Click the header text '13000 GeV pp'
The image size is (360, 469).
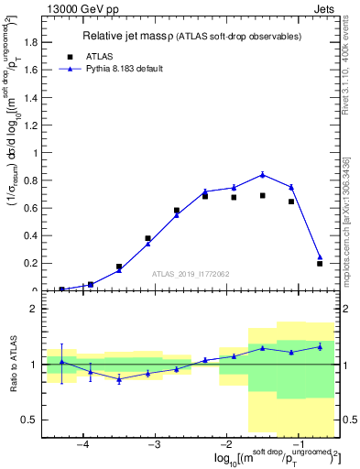(x=77, y=8)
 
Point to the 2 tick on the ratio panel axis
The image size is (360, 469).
(x=34, y=309)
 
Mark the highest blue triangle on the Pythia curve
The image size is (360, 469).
(x=263, y=174)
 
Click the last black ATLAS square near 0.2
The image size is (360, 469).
(x=320, y=264)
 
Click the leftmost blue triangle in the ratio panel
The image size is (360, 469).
(x=61, y=362)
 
